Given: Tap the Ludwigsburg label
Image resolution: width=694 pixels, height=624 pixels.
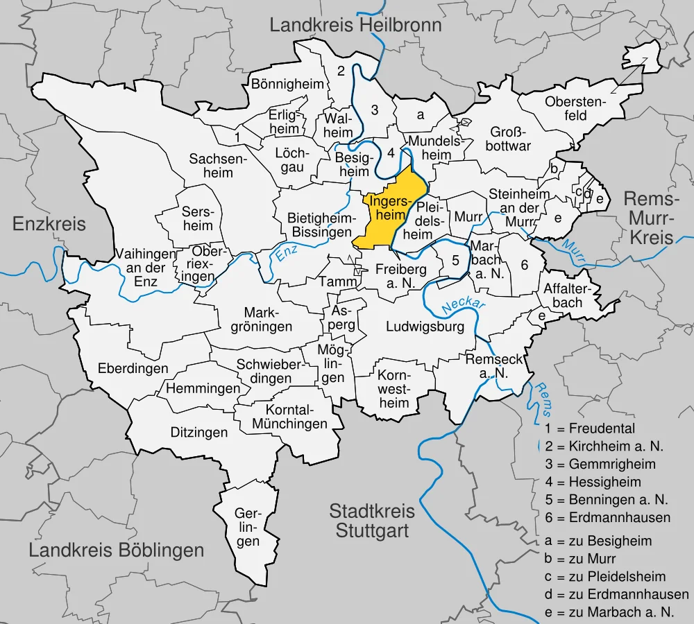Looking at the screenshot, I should (x=425, y=327).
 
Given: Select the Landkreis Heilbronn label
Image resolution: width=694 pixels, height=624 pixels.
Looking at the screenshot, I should (x=355, y=26).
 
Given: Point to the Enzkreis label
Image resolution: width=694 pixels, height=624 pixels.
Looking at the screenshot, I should (x=49, y=224).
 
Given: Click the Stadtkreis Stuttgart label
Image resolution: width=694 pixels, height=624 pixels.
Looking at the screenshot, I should (x=372, y=521).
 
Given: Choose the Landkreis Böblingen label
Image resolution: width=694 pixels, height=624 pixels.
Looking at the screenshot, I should (x=117, y=551).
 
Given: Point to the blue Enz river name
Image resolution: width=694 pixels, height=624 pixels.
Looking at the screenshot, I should (x=287, y=254).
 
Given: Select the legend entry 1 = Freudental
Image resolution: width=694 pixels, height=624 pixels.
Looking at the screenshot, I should (x=590, y=428).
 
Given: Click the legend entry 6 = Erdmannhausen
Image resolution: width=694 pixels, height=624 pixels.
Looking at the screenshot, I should (x=608, y=517).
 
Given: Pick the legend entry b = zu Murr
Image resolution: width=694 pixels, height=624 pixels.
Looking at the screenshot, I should (x=586, y=558).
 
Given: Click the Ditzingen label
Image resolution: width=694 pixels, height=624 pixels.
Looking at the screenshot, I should (x=199, y=433).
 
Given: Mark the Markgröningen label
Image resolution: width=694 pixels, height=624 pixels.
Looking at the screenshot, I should (x=268, y=319).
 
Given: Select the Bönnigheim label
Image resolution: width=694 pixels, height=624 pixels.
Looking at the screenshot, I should (x=287, y=85).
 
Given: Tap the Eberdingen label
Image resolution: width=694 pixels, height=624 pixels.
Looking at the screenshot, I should (x=133, y=368).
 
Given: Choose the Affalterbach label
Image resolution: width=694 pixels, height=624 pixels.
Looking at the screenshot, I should (x=562, y=295).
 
